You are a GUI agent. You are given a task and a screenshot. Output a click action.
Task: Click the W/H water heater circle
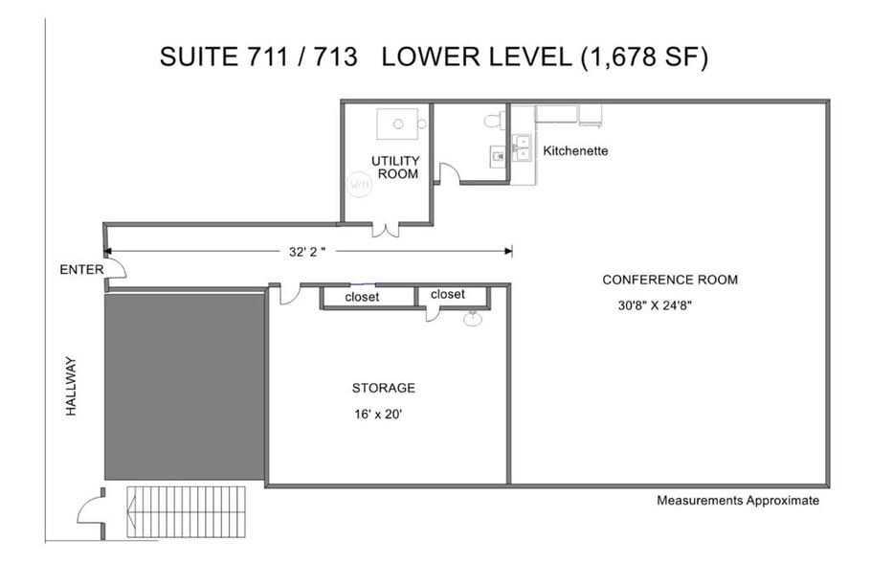[359, 185]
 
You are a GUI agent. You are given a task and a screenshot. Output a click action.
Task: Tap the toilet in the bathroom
[495, 121]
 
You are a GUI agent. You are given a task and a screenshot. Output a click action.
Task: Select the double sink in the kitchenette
[523, 146]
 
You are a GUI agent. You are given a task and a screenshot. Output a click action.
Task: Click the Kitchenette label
[575, 150]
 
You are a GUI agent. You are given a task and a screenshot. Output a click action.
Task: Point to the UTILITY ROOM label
[395, 168]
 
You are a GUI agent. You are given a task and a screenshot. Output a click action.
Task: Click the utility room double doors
[385, 230]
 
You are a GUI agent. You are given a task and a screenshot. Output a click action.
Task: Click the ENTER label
[81, 270]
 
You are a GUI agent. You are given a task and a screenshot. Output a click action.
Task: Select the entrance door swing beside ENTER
[116, 268]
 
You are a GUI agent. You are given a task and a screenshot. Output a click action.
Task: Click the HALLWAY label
[71, 386]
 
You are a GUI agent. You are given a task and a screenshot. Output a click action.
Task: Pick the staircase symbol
[186, 512]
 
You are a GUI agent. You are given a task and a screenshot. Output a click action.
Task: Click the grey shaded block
[185, 386]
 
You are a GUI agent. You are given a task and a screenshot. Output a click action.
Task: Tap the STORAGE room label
[383, 388]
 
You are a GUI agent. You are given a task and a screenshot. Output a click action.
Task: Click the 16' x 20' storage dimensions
[378, 414]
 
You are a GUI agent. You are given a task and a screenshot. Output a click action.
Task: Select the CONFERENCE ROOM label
[670, 280]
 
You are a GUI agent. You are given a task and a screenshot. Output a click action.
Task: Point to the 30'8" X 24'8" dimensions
[655, 305]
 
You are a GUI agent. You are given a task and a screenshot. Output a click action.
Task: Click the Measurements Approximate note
[738, 500]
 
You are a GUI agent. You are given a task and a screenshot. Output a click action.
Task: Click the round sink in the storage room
[473, 319]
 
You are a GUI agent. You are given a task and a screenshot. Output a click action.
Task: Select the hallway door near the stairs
[92, 512]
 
